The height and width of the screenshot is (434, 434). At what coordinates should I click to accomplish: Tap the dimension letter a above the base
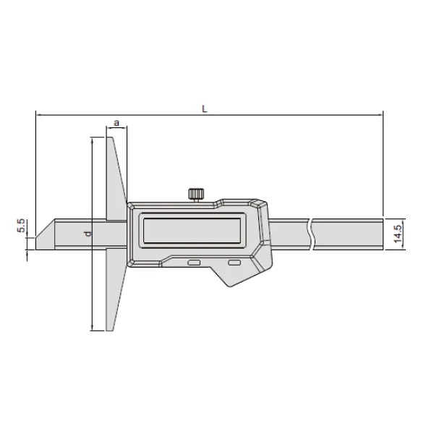[x=116, y=124]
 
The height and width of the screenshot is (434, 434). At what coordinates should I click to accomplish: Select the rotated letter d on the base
[x=86, y=234]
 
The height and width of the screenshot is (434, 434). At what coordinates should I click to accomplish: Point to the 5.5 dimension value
[x=22, y=226]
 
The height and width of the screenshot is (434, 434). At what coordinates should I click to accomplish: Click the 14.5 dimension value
[x=398, y=233]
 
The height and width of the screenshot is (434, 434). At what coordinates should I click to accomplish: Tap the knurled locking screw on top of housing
[x=195, y=193]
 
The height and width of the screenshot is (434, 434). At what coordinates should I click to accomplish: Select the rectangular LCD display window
[x=192, y=232]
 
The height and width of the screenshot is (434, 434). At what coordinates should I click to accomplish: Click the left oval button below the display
[x=193, y=264]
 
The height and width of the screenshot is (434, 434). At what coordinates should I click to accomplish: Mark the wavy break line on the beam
[x=311, y=233]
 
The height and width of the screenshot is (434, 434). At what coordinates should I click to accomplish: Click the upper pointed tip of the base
[x=110, y=137]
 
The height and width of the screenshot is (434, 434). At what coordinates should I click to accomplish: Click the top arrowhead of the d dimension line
[x=93, y=139]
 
